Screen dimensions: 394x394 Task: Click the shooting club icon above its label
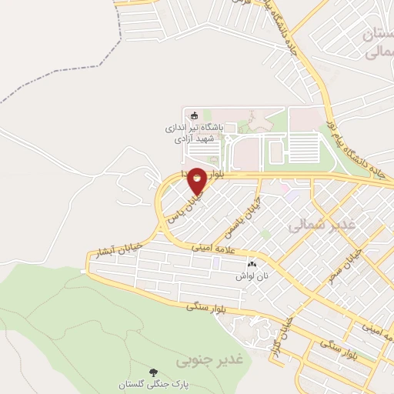[193, 112]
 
